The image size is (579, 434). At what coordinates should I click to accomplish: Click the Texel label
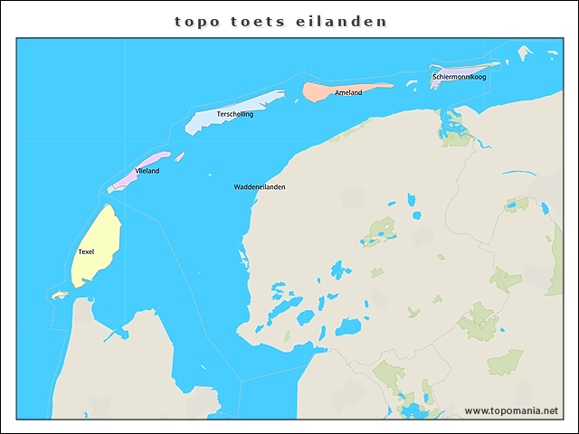pyautogui.click(x=86, y=251)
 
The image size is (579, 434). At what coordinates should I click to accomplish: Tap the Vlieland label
pyautogui.click(x=147, y=171)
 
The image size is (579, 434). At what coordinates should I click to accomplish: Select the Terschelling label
pyautogui.click(x=235, y=115)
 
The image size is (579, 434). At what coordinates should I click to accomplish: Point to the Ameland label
pyautogui.click(x=348, y=93)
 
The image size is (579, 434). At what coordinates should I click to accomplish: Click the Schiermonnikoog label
pyautogui.click(x=460, y=77)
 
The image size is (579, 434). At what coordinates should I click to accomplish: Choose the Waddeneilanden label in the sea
pyautogui.click(x=260, y=187)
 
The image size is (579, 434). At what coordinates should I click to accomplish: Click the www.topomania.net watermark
pyautogui.click(x=511, y=410)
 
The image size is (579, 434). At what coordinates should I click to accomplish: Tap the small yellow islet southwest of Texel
pyautogui.click(x=60, y=295)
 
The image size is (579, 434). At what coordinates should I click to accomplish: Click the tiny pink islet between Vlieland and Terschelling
pyautogui.click(x=180, y=156)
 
